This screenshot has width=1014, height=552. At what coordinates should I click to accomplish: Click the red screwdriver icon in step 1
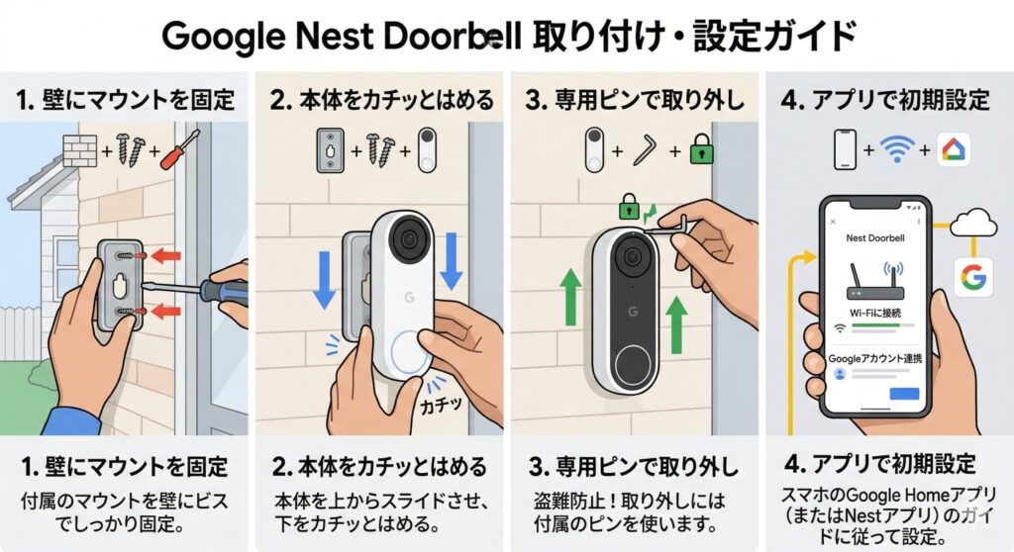coord(180,149)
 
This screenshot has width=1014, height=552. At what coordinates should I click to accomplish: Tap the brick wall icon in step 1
coord(79,151)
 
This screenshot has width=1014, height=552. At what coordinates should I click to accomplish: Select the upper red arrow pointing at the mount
coord(166,256)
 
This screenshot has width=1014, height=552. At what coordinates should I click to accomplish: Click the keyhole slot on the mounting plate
coord(120,284)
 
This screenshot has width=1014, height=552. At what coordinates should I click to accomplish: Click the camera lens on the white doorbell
coord(408,238)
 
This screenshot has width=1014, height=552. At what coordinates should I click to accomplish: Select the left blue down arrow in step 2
coord(324,279)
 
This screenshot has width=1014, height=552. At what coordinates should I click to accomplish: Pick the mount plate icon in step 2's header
coord(330,150)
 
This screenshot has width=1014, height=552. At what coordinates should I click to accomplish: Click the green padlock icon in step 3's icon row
coord(701,149)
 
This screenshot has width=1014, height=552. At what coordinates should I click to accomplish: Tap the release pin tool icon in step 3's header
coord(646,150)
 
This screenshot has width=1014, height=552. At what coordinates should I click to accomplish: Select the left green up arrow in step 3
coord(571,297)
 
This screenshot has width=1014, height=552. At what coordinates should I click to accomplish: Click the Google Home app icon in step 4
coord(954,150)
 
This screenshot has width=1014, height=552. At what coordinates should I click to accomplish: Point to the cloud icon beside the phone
coord(974,223)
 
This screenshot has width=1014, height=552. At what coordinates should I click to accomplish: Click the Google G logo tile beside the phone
coord(973,277)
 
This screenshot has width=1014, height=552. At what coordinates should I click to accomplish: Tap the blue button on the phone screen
coord(904,394)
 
